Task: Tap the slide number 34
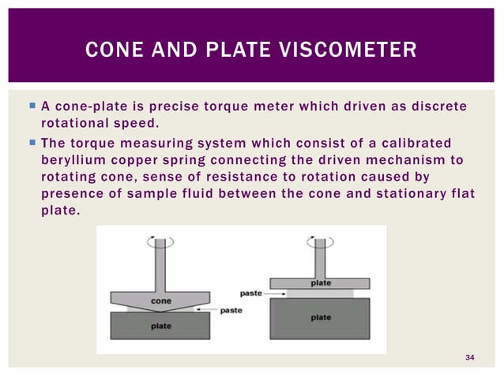(x=470, y=359)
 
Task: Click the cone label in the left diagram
(x=161, y=300)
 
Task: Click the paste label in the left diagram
(x=231, y=310)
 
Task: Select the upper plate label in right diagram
(x=320, y=282)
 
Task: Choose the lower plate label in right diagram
(x=321, y=318)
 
